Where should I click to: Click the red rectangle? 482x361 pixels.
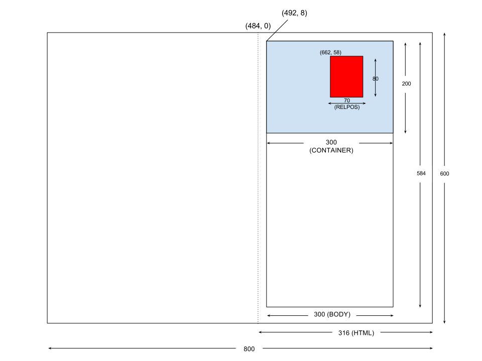(x=346, y=76)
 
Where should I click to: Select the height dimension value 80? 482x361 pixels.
(x=376, y=79)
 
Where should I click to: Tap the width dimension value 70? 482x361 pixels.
(x=346, y=101)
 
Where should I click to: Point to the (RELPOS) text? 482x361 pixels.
(x=346, y=107)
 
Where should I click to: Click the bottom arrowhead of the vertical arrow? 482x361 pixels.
(x=376, y=95)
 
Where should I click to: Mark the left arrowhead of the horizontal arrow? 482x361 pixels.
(x=329, y=103)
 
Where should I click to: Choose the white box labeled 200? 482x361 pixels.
(x=406, y=84)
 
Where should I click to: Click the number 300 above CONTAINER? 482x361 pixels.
(x=331, y=142)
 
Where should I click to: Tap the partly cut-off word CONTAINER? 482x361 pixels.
(x=331, y=149)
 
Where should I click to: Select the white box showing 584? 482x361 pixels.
(x=421, y=173)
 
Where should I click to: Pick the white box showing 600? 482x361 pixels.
(x=444, y=174)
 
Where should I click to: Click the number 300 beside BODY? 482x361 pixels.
(x=319, y=315)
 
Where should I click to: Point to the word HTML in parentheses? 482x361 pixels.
(x=363, y=333)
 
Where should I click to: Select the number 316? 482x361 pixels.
(x=344, y=333)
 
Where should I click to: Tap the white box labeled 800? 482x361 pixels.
(x=249, y=349)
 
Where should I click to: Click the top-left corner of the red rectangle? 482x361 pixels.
(x=330, y=56)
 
